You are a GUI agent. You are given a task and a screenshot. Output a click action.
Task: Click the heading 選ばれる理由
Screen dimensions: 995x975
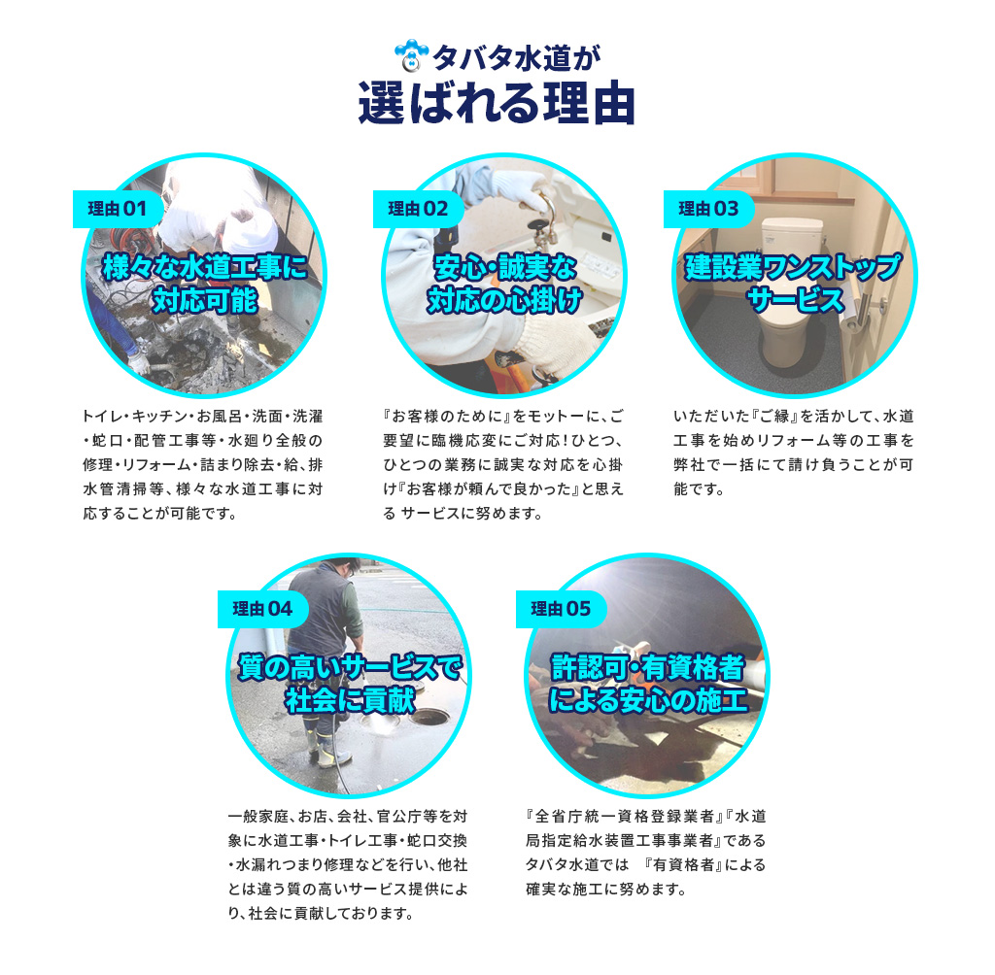tap(497, 103)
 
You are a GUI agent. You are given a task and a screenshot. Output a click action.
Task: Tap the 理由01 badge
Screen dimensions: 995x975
tap(118, 209)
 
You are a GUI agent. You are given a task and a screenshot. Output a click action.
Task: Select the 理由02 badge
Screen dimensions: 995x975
tap(418, 209)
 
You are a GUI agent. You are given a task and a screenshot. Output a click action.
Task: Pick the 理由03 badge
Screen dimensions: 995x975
tap(708, 209)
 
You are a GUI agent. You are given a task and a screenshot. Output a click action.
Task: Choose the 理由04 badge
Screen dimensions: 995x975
tap(262, 609)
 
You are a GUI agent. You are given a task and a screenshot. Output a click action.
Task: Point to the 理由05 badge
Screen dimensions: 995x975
tap(561, 609)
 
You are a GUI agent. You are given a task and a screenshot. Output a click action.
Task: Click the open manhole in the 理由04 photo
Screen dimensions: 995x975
tap(429, 717)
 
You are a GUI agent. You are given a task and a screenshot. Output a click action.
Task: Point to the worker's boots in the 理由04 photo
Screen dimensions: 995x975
tap(326, 749)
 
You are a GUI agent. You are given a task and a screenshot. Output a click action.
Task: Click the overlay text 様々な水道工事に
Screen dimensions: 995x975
tap(205, 267)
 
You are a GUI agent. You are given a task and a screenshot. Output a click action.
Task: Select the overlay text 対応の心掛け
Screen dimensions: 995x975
tap(504, 300)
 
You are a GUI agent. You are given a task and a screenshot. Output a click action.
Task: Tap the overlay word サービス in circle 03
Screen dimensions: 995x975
tap(795, 300)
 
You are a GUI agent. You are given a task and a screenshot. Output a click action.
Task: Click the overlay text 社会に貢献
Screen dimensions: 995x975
tap(350, 700)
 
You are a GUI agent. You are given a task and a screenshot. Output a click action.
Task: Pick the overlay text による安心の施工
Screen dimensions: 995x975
tap(648, 700)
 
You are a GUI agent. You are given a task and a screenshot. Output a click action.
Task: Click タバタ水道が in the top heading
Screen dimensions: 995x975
tap(516, 58)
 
